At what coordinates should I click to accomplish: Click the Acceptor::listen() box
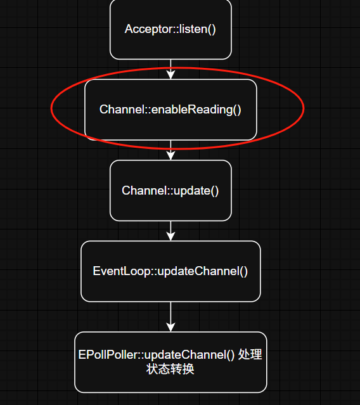coord(170,29)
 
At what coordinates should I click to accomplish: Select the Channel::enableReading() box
coord(170,110)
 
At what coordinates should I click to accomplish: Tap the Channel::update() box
coord(170,190)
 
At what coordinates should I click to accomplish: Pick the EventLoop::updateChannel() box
coord(170,271)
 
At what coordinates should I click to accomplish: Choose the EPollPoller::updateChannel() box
coord(170,362)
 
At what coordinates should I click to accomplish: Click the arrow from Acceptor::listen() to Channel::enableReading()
coord(170,69)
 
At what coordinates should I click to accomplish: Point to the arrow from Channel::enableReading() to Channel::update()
coord(170,150)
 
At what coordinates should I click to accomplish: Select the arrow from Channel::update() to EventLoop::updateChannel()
coord(170,231)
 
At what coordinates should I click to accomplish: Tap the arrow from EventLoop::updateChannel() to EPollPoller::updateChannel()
coord(170,317)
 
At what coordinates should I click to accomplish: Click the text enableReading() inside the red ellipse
coord(196,110)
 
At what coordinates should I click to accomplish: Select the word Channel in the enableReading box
coord(122,110)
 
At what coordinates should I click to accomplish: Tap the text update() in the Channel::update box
coord(196,191)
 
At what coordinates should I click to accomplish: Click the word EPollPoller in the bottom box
coord(108,355)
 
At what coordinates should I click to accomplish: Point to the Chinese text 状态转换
coord(170,369)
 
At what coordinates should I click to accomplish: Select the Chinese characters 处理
coord(250,354)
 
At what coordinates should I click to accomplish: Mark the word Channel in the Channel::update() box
coord(144,191)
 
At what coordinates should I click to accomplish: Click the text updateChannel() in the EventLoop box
coord(203,271)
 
